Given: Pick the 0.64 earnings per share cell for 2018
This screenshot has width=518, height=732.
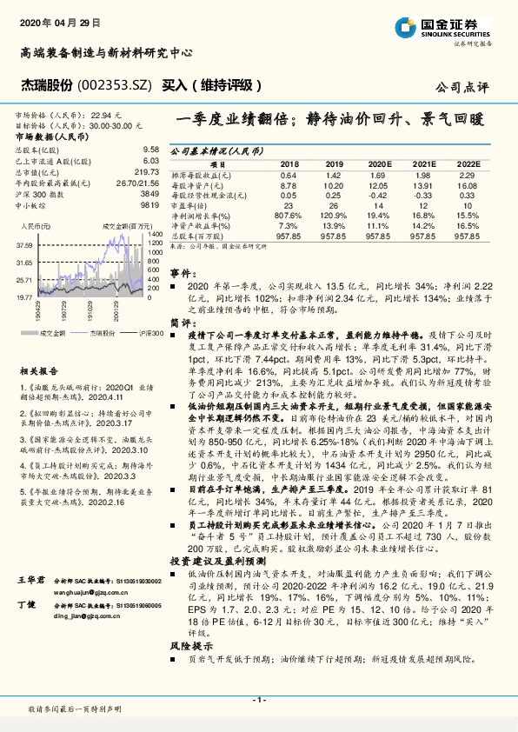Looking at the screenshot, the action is coord(289,175).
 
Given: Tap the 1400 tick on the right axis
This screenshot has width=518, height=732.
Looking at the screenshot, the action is coord(155,234).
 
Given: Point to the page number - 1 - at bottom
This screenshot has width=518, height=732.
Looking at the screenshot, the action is coord(258,700).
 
